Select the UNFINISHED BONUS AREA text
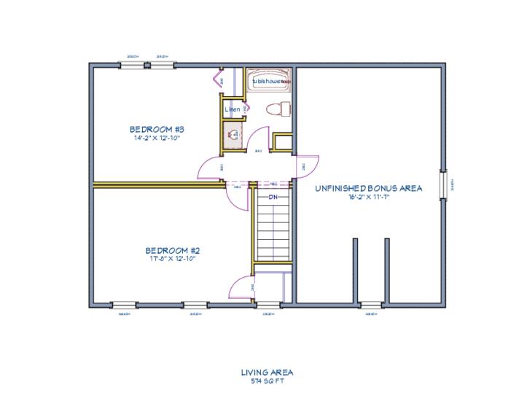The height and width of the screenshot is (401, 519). tap(369, 188)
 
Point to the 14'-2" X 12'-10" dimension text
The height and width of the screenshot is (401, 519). tap(156, 138)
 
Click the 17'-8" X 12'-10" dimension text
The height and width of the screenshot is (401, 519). tap(171, 257)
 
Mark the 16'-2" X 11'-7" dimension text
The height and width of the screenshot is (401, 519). tap(369, 197)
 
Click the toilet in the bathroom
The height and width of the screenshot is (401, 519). tap(276, 109)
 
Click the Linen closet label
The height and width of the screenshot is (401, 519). tap(233, 110)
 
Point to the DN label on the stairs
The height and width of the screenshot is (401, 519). tap(273, 197)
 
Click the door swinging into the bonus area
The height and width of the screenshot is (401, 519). tap(308, 167)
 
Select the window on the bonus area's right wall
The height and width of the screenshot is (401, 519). tap(442, 183)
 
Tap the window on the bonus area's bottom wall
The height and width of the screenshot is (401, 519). tap(371, 304)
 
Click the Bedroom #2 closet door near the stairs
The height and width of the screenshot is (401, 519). tap(241, 288)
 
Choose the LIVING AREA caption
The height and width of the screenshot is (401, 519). tap(267, 372)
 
